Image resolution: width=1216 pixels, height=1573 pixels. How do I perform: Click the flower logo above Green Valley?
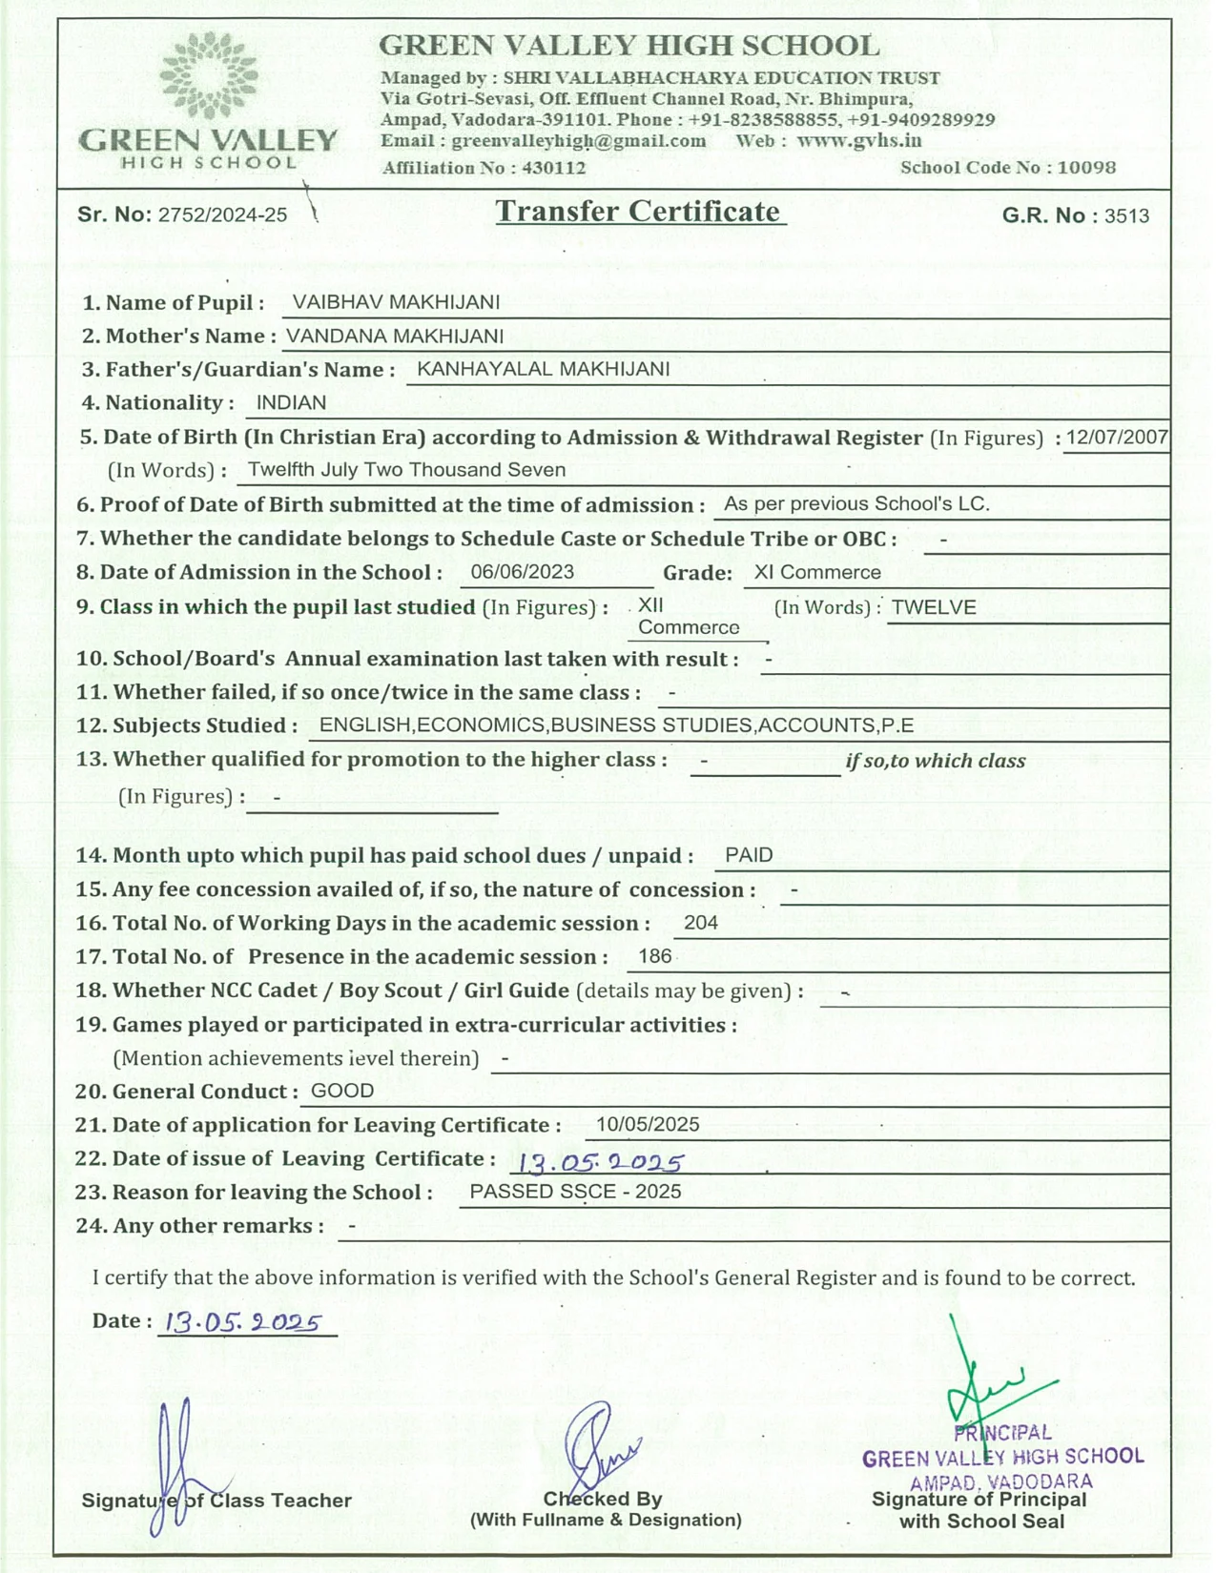tap(208, 75)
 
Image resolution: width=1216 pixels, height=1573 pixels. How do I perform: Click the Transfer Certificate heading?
tap(638, 212)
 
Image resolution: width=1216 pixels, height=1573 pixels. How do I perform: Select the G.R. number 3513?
tap(1126, 216)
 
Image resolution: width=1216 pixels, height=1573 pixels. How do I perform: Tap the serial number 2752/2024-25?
tap(222, 215)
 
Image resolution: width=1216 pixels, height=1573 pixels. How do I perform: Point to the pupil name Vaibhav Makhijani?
tap(396, 302)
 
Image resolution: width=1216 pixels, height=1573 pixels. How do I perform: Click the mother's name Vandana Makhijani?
tap(395, 336)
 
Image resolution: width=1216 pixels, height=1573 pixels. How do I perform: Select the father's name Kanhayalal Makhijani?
tap(544, 369)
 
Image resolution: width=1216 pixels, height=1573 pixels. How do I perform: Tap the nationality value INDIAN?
tap(291, 402)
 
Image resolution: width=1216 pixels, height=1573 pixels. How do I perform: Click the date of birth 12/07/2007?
tap(1117, 438)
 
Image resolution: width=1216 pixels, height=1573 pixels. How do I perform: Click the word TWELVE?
tap(934, 607)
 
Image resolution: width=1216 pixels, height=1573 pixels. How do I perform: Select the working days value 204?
tap(701, 923)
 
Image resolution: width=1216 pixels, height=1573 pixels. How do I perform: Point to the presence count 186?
tap(655, 956)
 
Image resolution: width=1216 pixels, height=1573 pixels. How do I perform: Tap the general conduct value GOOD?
tap(342, 1091)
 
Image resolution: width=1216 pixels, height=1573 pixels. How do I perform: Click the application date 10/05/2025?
tap(648, 1124)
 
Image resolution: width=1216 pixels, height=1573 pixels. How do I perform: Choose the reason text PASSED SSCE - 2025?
tap(575, 1192)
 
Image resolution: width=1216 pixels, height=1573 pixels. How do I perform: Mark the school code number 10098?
tap(1086, 168)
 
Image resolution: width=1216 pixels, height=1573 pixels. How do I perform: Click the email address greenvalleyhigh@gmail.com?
tap(579, 141)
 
